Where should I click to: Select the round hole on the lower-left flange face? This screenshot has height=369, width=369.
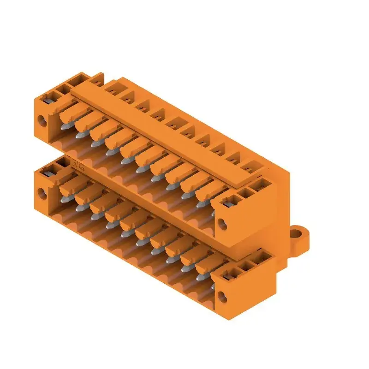[x=44, y=193]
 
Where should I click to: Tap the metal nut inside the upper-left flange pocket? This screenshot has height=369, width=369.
[x=48, y=98]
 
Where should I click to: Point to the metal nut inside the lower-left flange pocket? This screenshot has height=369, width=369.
[x=48, y=172]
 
